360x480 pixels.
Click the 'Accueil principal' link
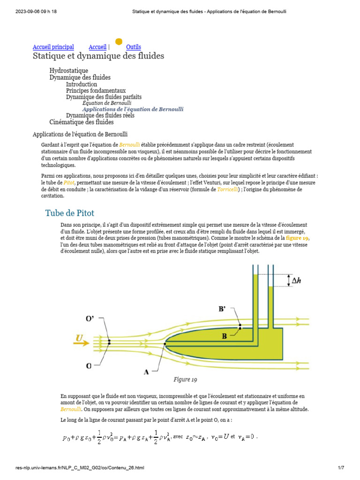[53, 47]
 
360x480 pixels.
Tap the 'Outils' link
[133, 47]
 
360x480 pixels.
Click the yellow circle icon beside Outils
[119, 42]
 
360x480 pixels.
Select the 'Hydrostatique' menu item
[68, 71]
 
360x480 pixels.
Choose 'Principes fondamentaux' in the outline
[96, 90]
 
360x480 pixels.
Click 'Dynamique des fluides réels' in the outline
[100, 115]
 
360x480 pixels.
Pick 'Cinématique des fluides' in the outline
[82, 122]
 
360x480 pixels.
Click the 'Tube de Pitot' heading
[69, 213]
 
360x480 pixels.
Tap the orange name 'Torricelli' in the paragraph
[230, 189]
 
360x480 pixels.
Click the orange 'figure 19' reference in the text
[298, 239]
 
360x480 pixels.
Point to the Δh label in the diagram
[296, 281]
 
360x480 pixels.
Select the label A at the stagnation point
[146, 372]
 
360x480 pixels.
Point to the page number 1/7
[341, 467]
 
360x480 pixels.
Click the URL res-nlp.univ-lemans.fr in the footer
[80, 467]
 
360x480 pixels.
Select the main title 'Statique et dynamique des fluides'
[98, 56]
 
